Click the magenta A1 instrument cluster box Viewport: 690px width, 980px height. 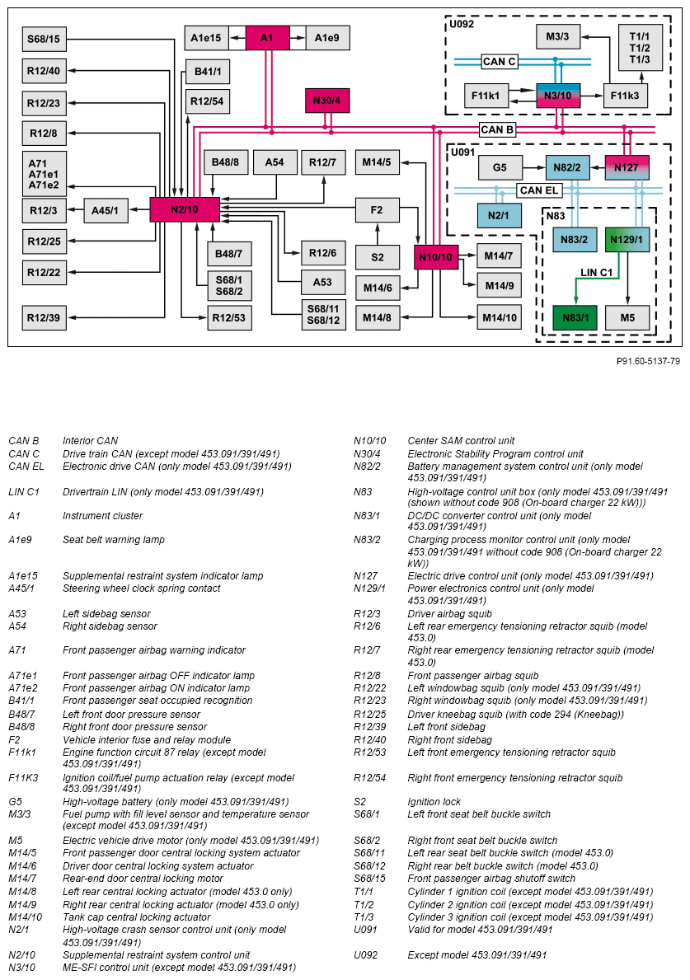coord(267,38)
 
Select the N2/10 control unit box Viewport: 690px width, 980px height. coord(185,209)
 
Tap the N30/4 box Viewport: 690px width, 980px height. coord(326,101)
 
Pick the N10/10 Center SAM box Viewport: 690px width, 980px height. coord(435,257)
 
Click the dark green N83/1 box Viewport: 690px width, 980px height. coord(575,317)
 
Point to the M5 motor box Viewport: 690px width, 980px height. coord(627,317)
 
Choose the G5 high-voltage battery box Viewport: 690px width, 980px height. coord(500,167)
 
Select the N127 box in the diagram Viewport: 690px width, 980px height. coord(627,167)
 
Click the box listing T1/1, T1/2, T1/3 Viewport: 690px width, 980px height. coord(640,48)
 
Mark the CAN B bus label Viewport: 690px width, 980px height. coord(497,129)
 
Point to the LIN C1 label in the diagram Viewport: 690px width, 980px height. coord(596,271)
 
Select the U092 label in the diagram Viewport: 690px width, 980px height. coord(462,25)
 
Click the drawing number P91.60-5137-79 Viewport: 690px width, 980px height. coord(648,361)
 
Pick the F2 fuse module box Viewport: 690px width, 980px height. coord(377,209)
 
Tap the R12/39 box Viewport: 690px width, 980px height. coord(44,317)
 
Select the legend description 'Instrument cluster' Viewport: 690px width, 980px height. coord(102,516)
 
